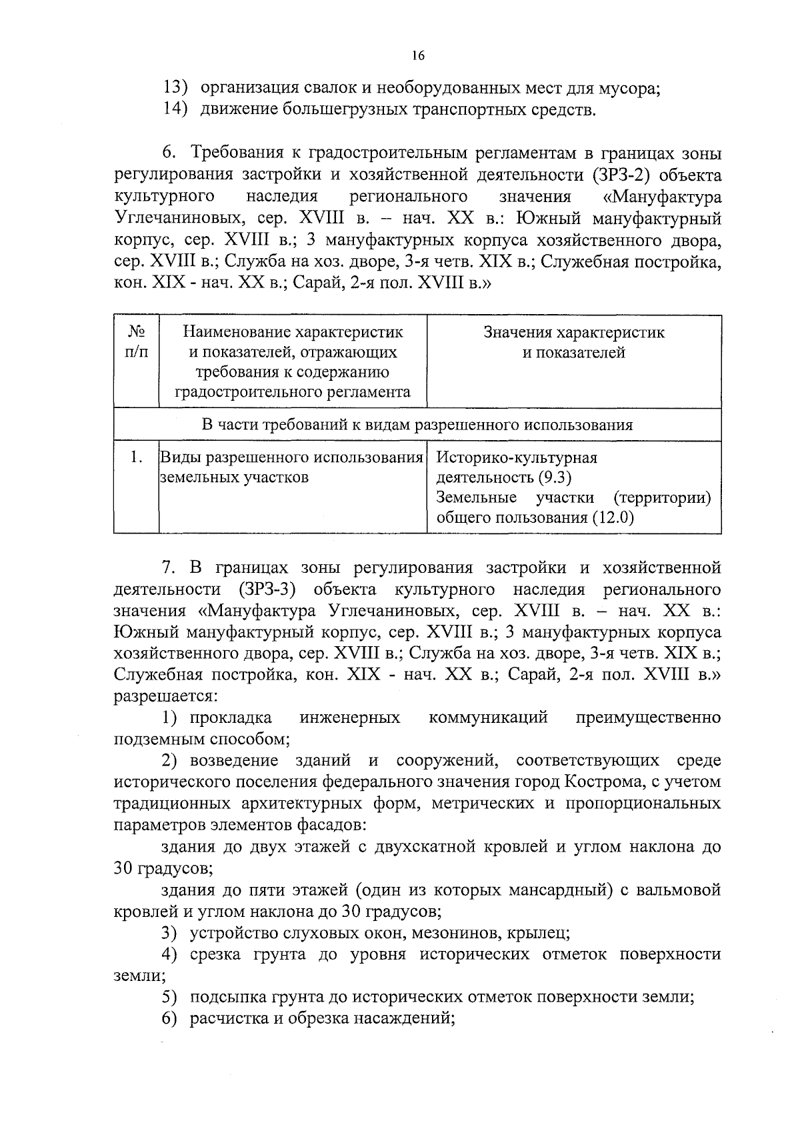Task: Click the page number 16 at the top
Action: click(x=418, y=56)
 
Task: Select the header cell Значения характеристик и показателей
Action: click(x=573, y=342)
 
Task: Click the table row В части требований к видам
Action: click(x=417, y=425)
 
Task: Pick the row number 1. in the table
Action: click(x=136, y=457)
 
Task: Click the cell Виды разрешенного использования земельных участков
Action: click(x=292, y=467)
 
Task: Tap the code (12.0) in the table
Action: click(x=612, y=517)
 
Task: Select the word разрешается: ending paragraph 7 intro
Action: click(x=165, y=696)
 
